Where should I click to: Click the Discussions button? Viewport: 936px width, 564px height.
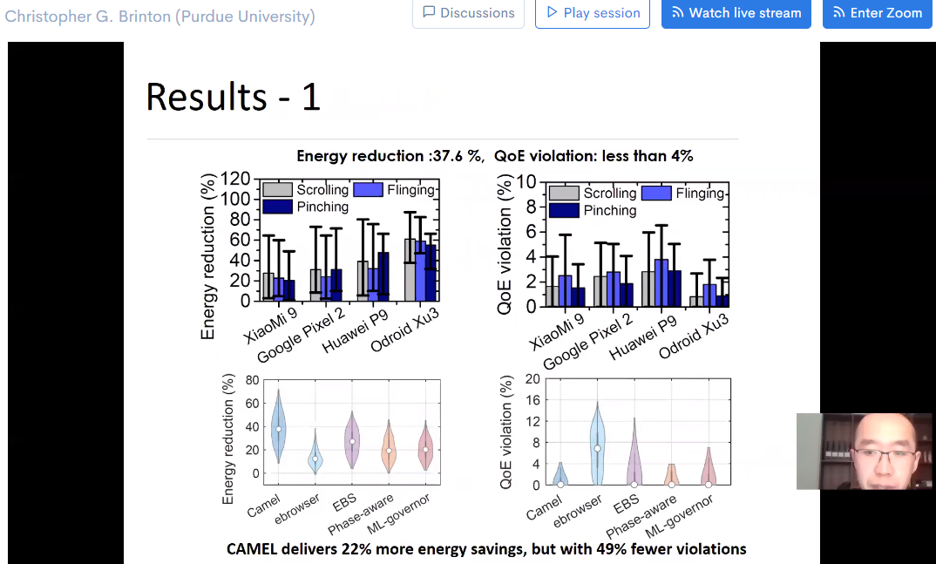tap(468, 13)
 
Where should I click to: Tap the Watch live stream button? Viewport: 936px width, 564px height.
tap(736, 13)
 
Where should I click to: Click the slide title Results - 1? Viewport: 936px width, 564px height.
tap(234, 97)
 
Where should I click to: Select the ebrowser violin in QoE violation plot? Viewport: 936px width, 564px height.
tap(597, 445)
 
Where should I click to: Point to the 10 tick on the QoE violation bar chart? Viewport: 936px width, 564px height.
tap(526, 181)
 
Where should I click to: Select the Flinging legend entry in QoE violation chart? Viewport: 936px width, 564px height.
tap(700, 193)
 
